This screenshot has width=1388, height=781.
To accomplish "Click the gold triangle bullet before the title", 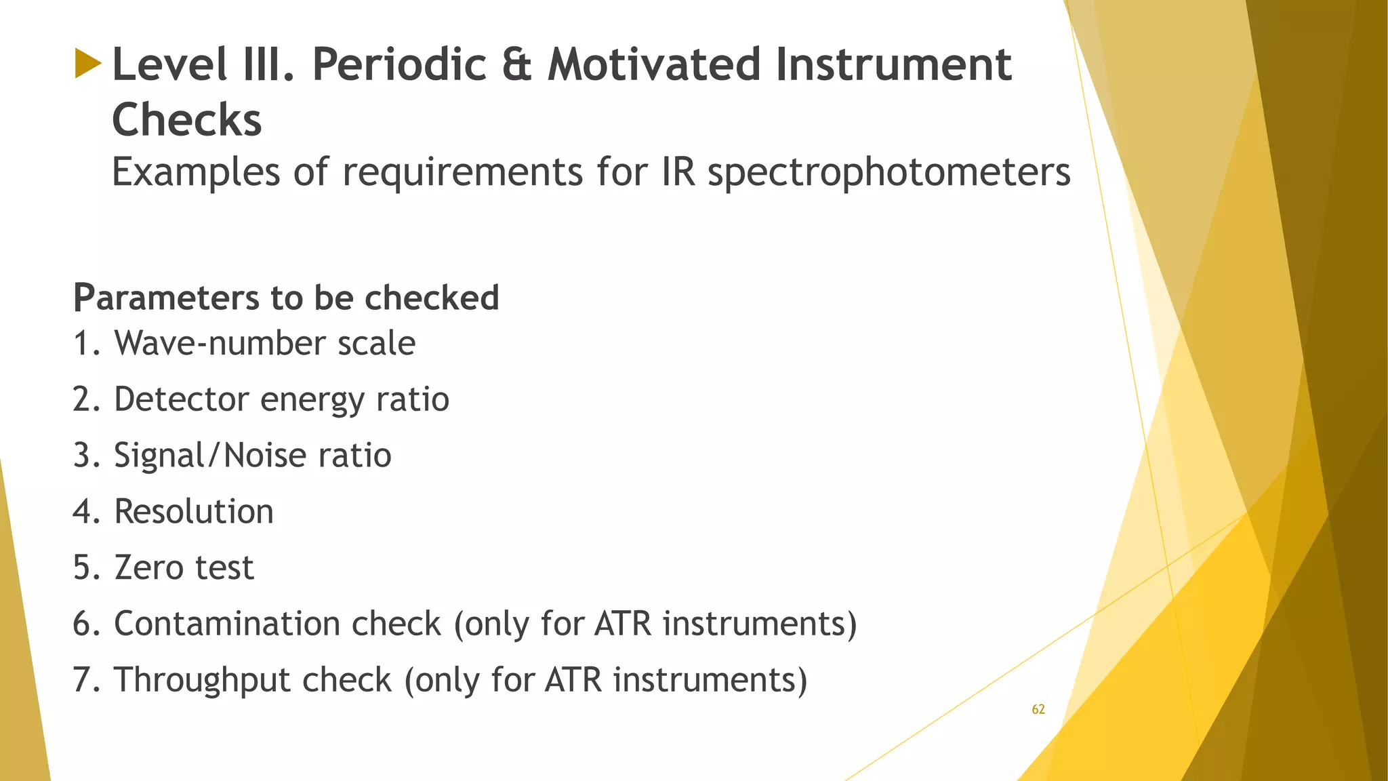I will (x=88, y=63).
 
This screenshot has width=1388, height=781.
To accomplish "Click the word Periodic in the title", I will (x=399, y=65).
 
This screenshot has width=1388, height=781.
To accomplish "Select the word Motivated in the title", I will (x=654, y=65).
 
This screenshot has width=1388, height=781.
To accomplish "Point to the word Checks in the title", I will (x=186, y=120).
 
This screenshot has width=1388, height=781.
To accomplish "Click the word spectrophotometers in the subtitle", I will (x=889, y=172).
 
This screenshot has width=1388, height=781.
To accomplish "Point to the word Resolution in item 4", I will (x=194, y=512).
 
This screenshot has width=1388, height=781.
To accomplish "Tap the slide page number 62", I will (x=1038, y=710).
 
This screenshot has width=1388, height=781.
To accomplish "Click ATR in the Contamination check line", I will (x=622, y=624).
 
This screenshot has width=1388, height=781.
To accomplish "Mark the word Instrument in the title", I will (x=893, y=65).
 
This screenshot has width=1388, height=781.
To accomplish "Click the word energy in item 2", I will (x=312, y=399).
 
